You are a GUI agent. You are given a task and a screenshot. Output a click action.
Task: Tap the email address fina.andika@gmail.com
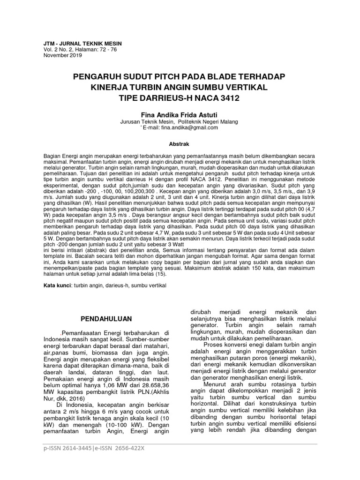click(189, 127)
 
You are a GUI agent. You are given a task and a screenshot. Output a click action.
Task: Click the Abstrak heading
click(180, 145)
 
